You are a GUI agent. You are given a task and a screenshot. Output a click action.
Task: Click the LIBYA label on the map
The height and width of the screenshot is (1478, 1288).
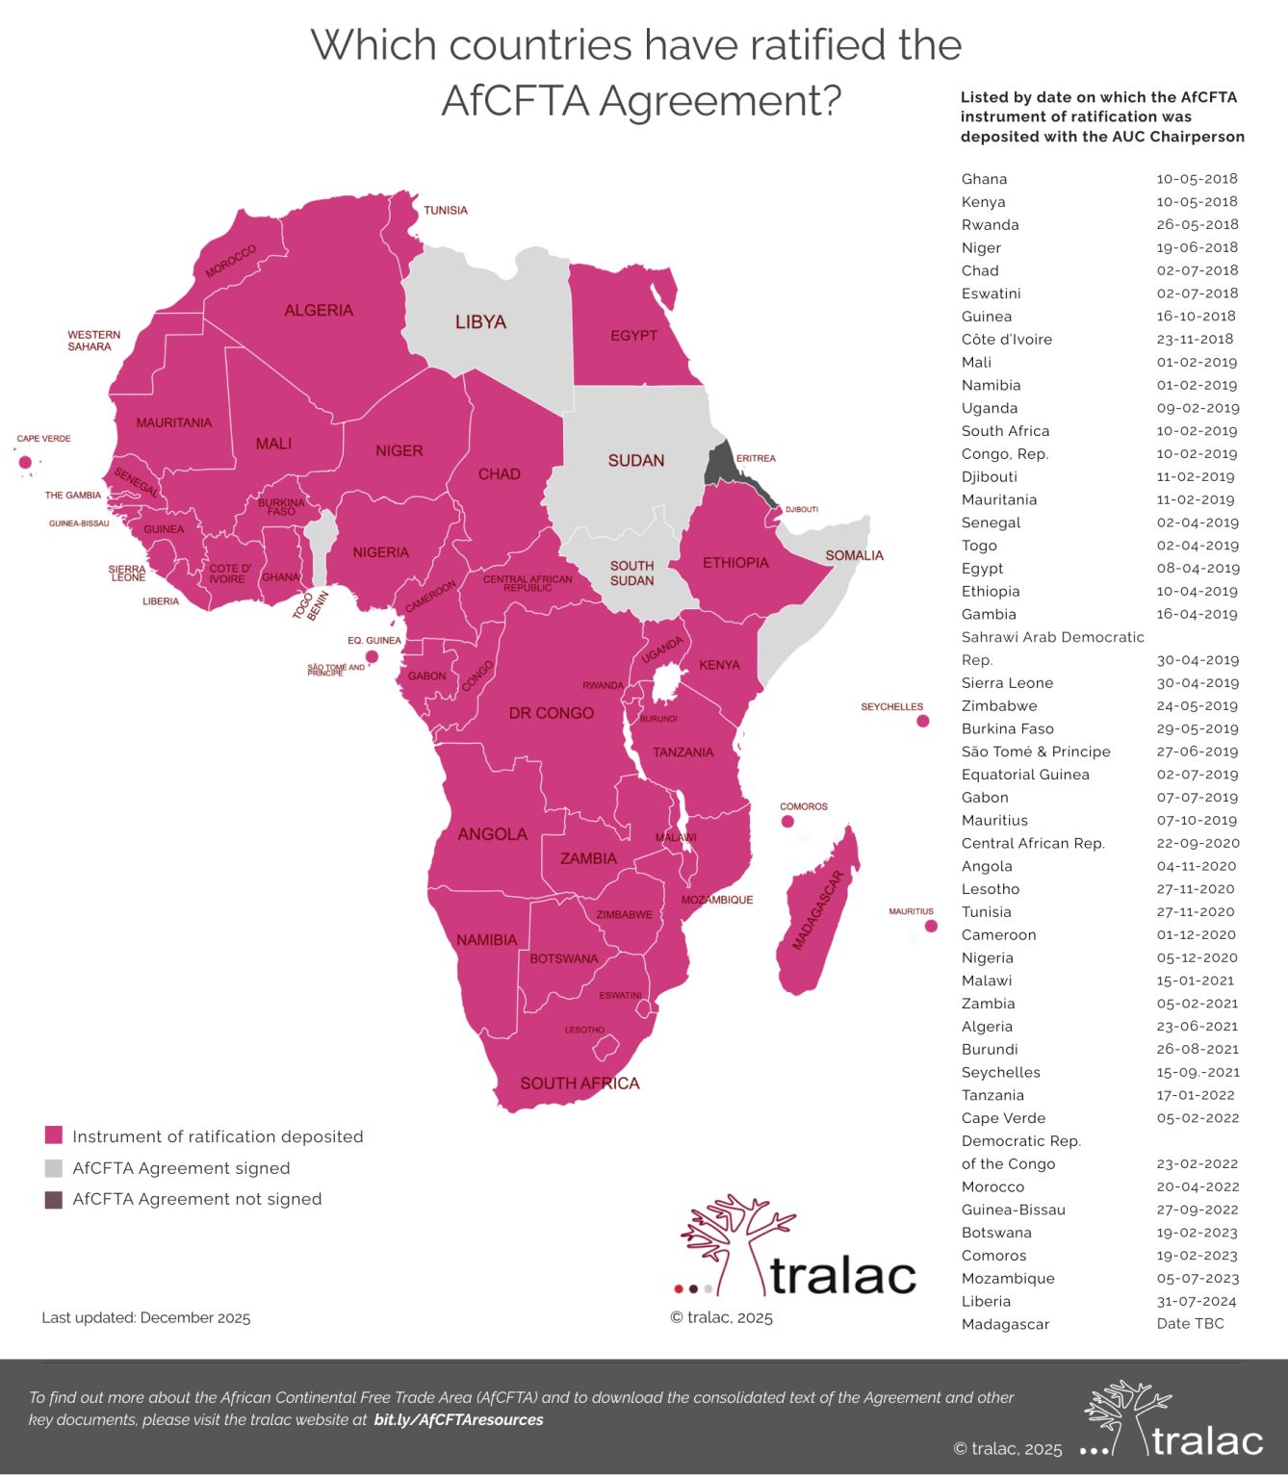(480, 322)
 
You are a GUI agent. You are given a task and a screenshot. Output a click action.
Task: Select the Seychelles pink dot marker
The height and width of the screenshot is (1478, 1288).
(922, 721)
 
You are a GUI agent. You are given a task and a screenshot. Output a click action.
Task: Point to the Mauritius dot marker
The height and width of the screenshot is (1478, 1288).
(930, 926)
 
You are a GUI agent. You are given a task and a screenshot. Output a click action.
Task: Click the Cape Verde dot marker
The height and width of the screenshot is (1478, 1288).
(25, 462)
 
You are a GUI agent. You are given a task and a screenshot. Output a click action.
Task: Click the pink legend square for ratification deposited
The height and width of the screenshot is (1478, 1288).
(54, 1135)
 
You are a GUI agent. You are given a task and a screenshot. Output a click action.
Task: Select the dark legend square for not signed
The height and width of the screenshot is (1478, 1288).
(54, 1199)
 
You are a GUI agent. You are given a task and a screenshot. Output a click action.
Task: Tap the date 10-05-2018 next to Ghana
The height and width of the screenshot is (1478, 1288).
(1197, 179)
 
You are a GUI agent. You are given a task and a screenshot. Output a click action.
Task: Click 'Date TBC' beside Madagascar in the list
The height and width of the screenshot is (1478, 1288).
(1190, 1324)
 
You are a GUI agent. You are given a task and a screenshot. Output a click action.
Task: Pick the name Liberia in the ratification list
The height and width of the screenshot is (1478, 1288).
(986, 1301)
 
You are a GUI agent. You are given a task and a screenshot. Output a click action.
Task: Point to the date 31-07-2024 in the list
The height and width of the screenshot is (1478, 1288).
(1197, 1301)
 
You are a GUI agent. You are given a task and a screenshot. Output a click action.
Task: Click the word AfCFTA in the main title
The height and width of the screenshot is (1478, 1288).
(514, 100)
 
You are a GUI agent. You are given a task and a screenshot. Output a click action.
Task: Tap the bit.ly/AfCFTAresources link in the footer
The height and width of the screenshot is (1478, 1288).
(458, 1419)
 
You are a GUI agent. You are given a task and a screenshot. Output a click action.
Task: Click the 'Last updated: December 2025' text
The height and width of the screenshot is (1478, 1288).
(146, 1317)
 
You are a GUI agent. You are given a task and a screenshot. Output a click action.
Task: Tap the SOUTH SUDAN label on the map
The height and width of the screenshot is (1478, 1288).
(631, 573)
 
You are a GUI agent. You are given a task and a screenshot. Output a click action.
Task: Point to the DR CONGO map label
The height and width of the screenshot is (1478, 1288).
(551, 713)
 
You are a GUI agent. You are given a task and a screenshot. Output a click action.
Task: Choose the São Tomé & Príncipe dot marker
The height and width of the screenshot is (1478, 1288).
(372, 657)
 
